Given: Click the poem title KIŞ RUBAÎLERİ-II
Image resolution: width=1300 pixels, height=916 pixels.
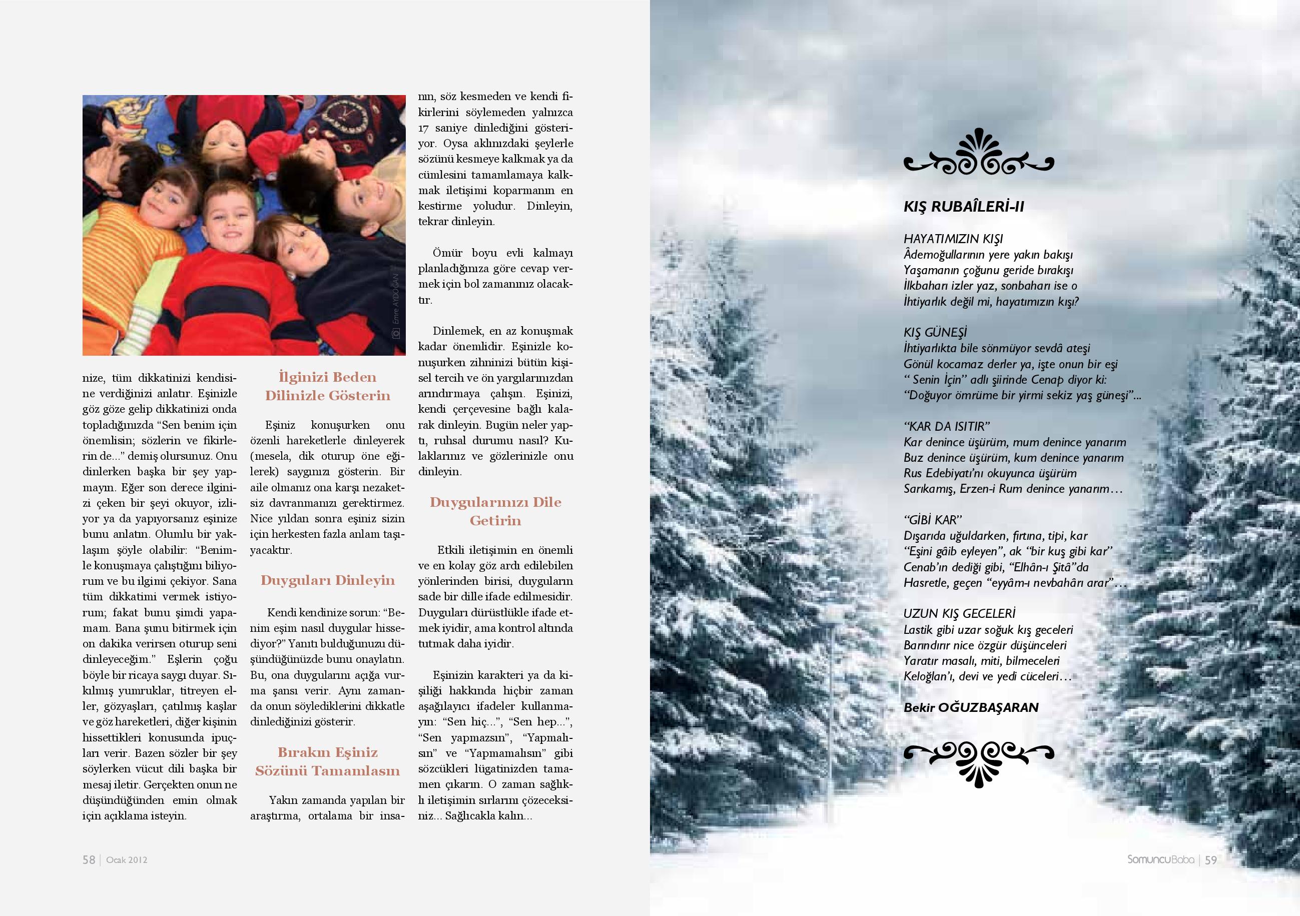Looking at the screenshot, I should [964, 207].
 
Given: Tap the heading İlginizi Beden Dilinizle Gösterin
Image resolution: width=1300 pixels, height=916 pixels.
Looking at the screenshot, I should [328, 386].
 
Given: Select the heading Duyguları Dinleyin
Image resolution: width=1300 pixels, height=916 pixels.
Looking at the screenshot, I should [328, 580].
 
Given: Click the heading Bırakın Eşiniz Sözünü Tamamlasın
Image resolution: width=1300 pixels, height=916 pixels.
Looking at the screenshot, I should [328, 761].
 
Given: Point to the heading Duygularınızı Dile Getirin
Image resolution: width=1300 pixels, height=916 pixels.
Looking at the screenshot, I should [495, 511].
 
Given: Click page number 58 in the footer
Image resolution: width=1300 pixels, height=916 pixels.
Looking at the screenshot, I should [89, 859].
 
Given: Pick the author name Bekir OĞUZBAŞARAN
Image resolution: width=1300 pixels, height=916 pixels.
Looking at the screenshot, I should [971, 708].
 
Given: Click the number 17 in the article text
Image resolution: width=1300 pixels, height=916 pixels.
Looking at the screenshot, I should [424, 128].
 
